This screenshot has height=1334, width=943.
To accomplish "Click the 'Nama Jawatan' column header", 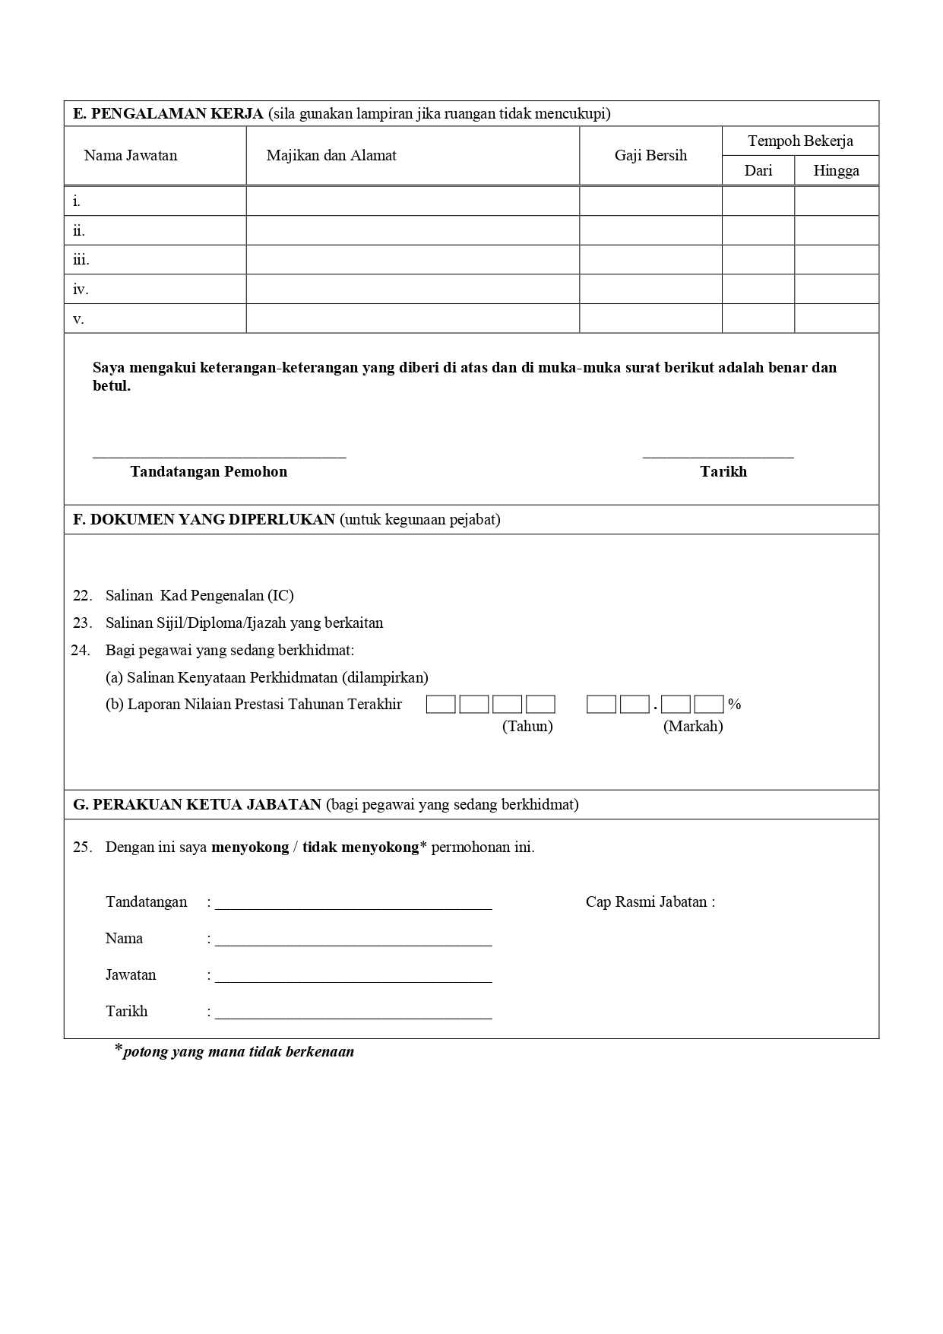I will click(130, 156).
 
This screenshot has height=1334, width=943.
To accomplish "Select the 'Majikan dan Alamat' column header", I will click(331, 156).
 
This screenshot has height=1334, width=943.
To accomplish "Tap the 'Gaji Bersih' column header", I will click(650, 156).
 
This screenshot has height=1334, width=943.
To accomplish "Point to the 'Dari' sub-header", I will click(758, 171).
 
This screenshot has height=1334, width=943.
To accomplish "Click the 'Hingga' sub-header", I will click(836, 171).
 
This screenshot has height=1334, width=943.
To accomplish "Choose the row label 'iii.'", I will click(81, 260).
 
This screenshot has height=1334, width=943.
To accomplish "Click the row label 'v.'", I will click(78, 319).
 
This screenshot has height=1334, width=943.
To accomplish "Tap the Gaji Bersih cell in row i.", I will click(650, 201).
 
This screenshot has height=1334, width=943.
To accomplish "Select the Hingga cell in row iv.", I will click(836, 290).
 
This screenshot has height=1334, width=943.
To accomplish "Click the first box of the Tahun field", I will click(441, 705).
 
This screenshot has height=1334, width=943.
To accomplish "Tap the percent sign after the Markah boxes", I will click(734, 705).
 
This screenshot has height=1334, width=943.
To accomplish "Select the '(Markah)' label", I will click(693, 727).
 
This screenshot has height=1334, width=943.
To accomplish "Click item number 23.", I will click(82, 623).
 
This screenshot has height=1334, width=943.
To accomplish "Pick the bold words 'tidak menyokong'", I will click(360, 848).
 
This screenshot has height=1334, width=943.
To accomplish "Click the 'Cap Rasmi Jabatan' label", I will click(650, 902).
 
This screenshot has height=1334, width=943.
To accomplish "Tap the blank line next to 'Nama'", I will click(353, 944).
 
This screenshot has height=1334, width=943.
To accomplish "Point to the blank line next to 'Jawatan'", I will click(353, 981).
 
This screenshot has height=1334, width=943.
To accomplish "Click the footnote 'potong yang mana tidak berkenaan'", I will click(239, 1053).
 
